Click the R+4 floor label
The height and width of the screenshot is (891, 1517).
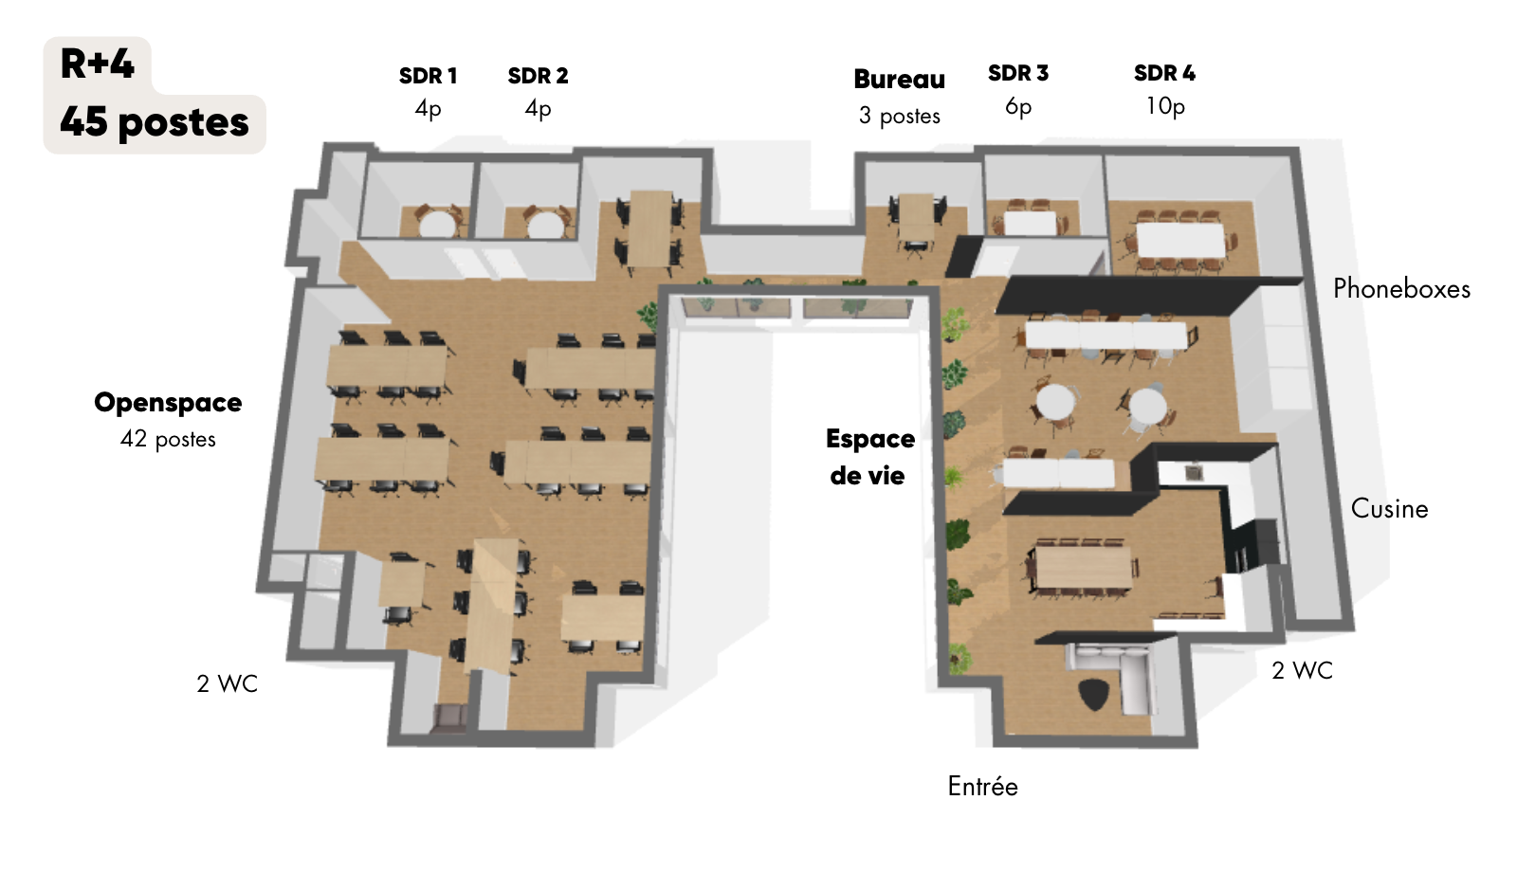pos(98,64)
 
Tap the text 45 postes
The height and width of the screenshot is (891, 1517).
pos(155,122)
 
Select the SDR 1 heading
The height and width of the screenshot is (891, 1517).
pos(428,76)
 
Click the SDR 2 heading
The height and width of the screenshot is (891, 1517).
pos(538,76)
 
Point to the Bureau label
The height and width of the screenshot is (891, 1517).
pos(900,80)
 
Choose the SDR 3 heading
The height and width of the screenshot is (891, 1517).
pos(1018,73)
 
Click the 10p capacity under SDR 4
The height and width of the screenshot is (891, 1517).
pos(1165,106)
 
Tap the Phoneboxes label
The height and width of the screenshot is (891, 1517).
pos(1402,289)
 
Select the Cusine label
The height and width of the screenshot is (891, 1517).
pos(1390,508)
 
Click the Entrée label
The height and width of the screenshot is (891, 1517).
pos(982,786)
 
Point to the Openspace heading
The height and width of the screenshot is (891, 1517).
pos(168,403)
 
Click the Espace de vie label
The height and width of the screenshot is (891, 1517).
pos(870,457)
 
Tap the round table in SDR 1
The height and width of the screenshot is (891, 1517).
pos(437,225)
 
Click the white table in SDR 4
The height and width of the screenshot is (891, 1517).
pos(1180,241)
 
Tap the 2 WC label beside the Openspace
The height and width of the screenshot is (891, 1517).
pos(228,683)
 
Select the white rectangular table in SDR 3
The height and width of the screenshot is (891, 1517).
pos(1030,223)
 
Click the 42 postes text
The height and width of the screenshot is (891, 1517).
pos(168,439)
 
